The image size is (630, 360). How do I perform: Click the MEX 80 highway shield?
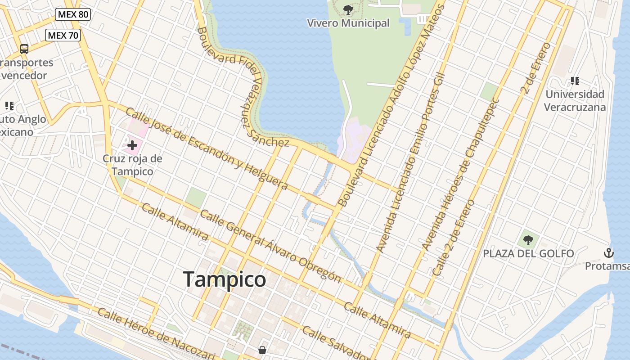(73, 14)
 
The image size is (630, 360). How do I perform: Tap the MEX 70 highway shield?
(63, 35)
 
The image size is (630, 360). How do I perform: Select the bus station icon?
(24, 49)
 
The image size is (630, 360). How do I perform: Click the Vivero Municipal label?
(348, 23)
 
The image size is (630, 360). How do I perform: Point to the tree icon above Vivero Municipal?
(348, 9)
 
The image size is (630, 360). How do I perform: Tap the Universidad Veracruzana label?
(575, 101)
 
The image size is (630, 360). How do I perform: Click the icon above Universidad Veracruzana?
(575, 81)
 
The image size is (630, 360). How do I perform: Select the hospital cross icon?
(132, 145)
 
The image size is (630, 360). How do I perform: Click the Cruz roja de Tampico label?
(132, 165)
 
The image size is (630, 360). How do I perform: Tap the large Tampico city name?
(225, 279)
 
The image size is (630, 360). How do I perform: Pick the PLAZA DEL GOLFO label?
(528, 254)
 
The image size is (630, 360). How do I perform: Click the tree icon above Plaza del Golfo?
(528, 240)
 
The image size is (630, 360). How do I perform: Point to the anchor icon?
(609, 253)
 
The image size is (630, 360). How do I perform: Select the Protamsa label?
(607, 266)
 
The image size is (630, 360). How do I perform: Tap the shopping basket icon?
(262, 350)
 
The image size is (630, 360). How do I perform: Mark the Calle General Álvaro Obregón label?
(270, 246)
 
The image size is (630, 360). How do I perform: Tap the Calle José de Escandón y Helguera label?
(207, 148)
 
